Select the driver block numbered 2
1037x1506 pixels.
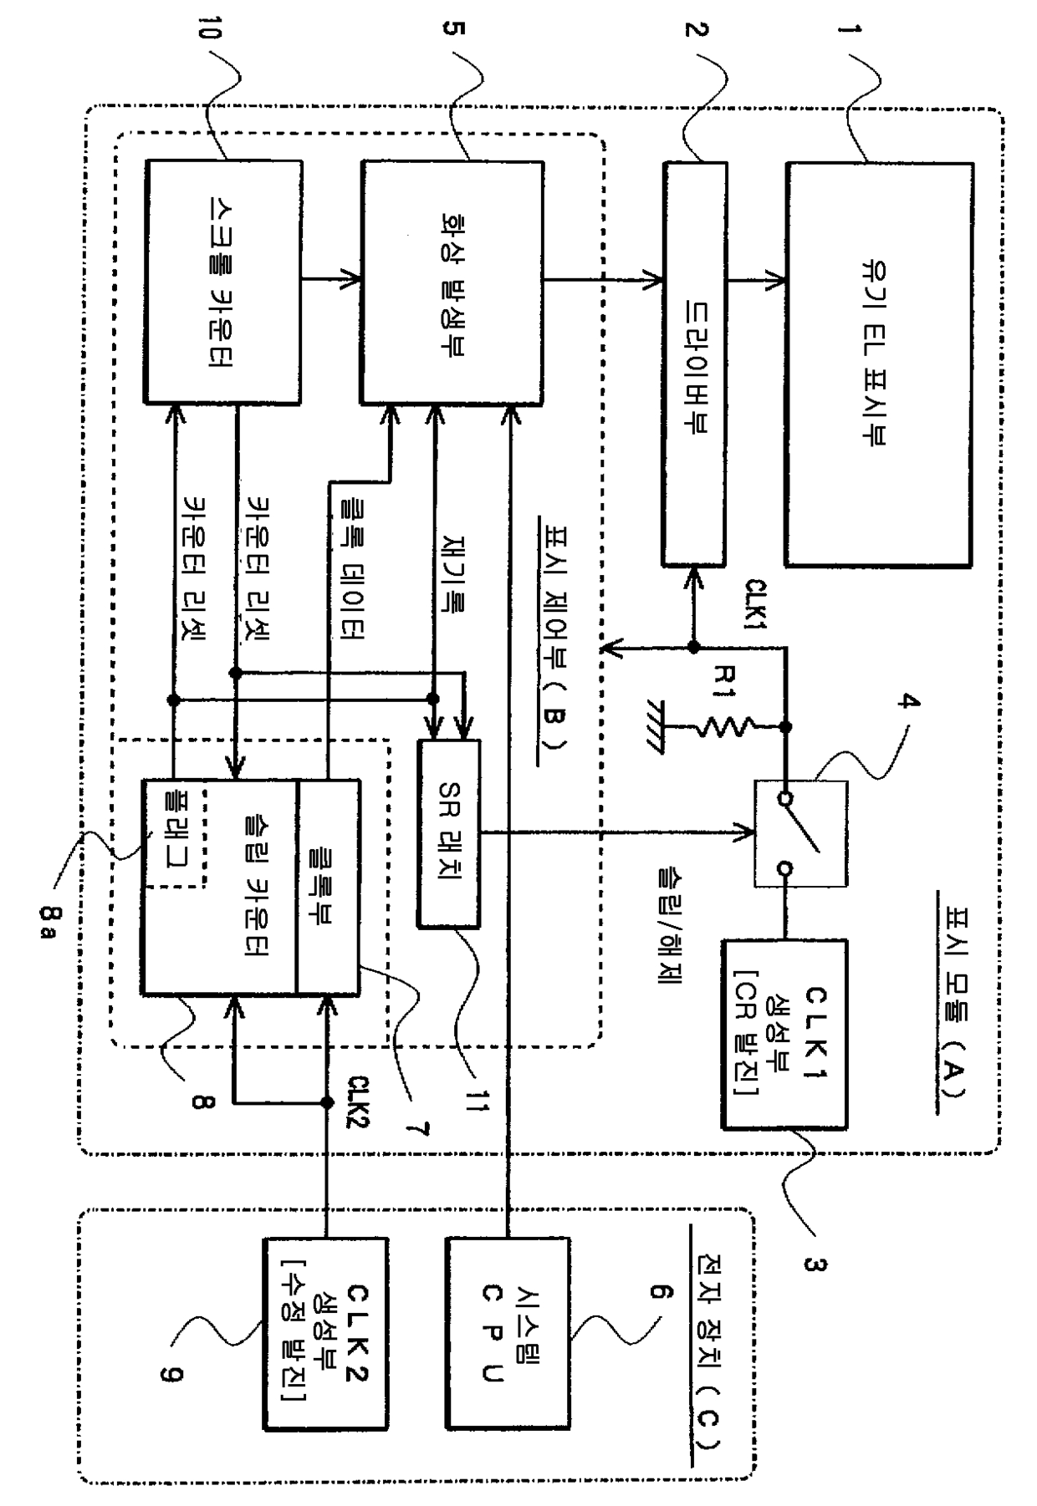[x=695, y=364]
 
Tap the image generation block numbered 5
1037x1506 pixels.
[x=452, y=282]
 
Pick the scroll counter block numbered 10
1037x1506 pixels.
[x=223, y=282]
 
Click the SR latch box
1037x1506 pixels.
[x=448, y=833]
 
